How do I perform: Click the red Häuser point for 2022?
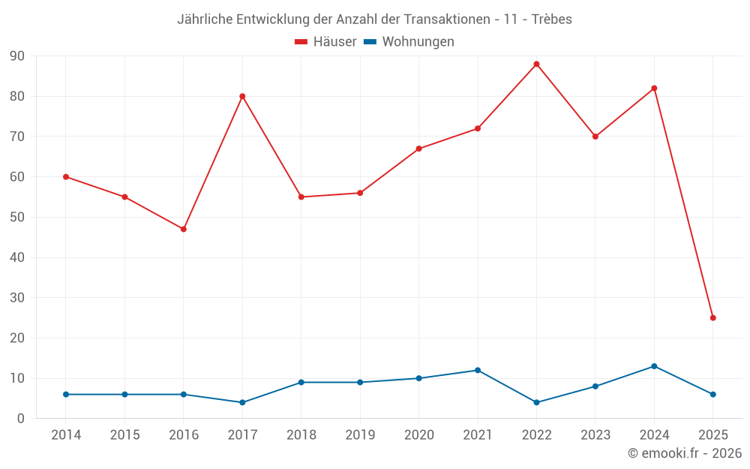(536, 64)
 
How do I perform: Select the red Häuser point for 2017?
(242, 96)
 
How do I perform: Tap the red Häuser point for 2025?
(712, 317)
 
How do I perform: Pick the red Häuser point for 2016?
(184, 229)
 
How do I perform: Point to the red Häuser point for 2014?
(66, 176)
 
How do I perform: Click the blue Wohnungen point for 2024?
(654, 366)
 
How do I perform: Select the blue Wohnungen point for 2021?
(478, 370)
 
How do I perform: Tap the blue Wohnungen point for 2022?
(536, 402)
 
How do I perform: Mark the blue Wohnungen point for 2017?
(242, 402)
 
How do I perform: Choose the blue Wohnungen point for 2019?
(360, 382)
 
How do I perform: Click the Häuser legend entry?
(325, 42)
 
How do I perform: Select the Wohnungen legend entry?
(409, 42)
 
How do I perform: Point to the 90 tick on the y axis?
(16, 56)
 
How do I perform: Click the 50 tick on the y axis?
(16, 218)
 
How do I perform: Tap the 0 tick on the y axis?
(21, 419)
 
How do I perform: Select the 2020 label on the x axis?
(418, 435)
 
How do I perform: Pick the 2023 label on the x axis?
(595, 435)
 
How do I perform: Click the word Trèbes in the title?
(551, 20)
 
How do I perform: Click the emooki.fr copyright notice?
(685, 453)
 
